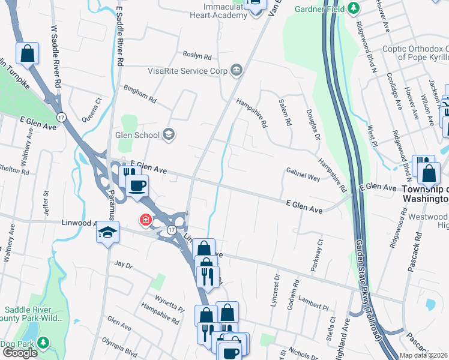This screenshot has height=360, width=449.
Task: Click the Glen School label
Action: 138,135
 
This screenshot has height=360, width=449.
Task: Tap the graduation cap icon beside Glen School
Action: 169,134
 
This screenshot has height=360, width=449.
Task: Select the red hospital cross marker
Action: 145,221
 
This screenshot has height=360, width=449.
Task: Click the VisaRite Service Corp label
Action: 188,71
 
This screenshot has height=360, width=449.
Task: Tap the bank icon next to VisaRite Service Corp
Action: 237,71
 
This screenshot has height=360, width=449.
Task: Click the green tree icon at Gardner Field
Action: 354,8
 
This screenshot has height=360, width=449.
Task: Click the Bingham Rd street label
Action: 139,93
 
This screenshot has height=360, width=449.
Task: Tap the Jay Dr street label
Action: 122,264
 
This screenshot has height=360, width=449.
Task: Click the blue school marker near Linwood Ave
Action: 107,233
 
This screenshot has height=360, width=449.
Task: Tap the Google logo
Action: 19,353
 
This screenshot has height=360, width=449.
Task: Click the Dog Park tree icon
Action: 43,343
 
